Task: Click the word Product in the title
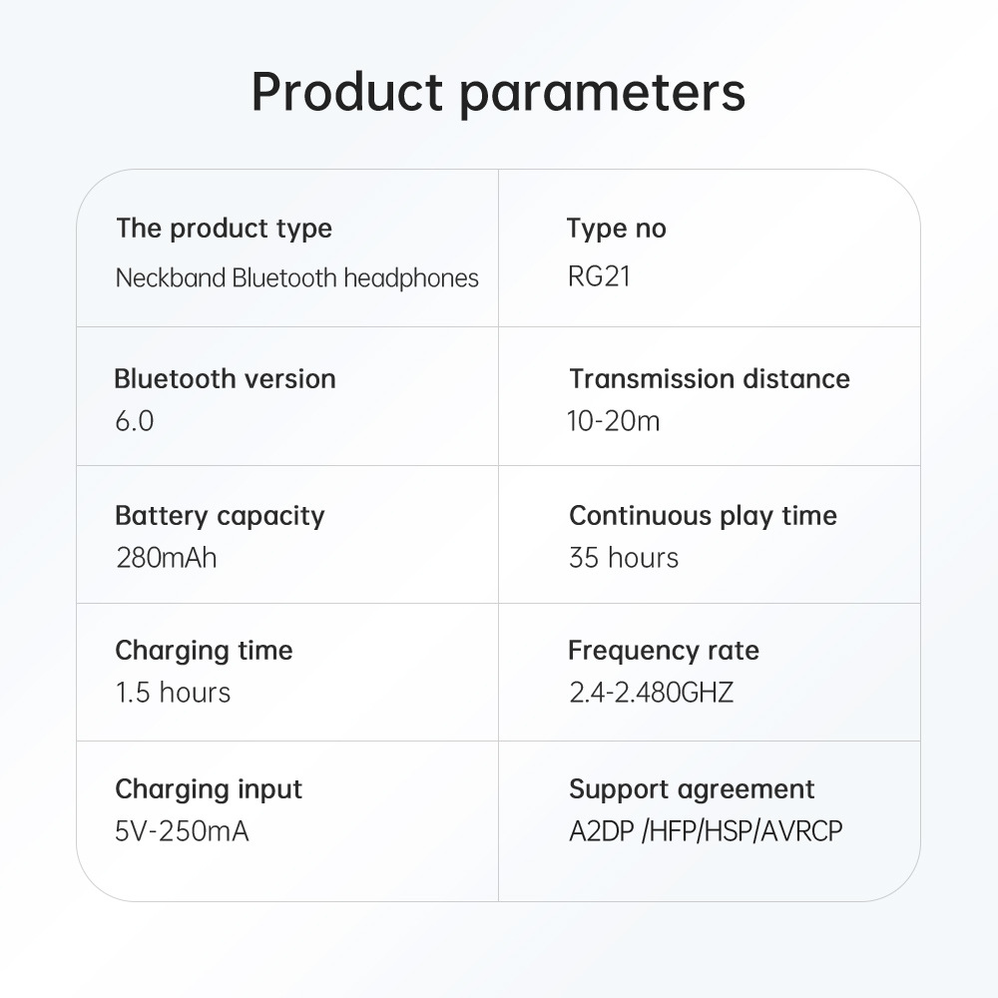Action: click(347, 91)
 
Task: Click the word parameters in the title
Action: click(602, 94)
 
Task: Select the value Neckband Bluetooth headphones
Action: click(297, 278)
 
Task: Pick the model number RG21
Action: click(599, 276)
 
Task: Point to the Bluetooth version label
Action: click(225, 378)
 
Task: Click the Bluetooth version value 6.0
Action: click(135, 421)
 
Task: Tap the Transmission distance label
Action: click(710, 378)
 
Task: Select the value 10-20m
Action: click(614, 421)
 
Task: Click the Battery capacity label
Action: click(220, 516)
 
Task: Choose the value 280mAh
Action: click(167, 558)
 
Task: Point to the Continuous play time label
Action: click(704, 516)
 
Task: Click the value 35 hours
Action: click(624, 558)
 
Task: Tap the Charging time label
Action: click(204, 651)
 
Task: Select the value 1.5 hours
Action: click(173, 693)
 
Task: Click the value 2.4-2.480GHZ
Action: click(651, 693)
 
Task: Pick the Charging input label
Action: click(209, 789)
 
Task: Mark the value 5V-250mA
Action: click(182, 831)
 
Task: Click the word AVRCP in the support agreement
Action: click(802, 831)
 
